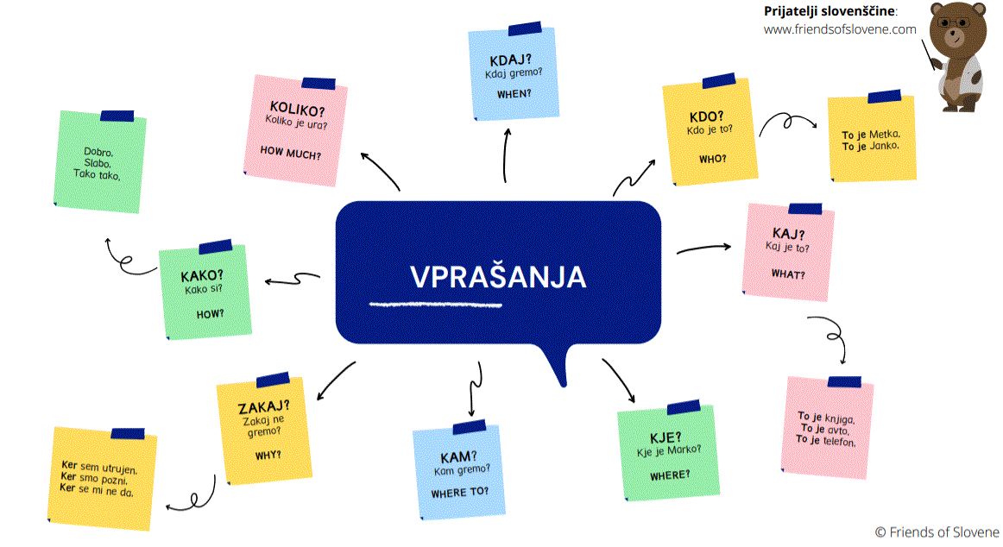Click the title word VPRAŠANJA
(498, 277)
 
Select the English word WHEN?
(514, 93)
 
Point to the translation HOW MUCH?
(290, 155)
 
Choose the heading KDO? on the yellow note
(707, 116)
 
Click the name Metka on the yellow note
(885, 135)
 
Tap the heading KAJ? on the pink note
(788, 234)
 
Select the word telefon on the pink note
(837, 442)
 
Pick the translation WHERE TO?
(459, 492)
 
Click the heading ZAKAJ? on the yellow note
(263, 407)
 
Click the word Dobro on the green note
(98, 153)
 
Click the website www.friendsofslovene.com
(839, 28)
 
